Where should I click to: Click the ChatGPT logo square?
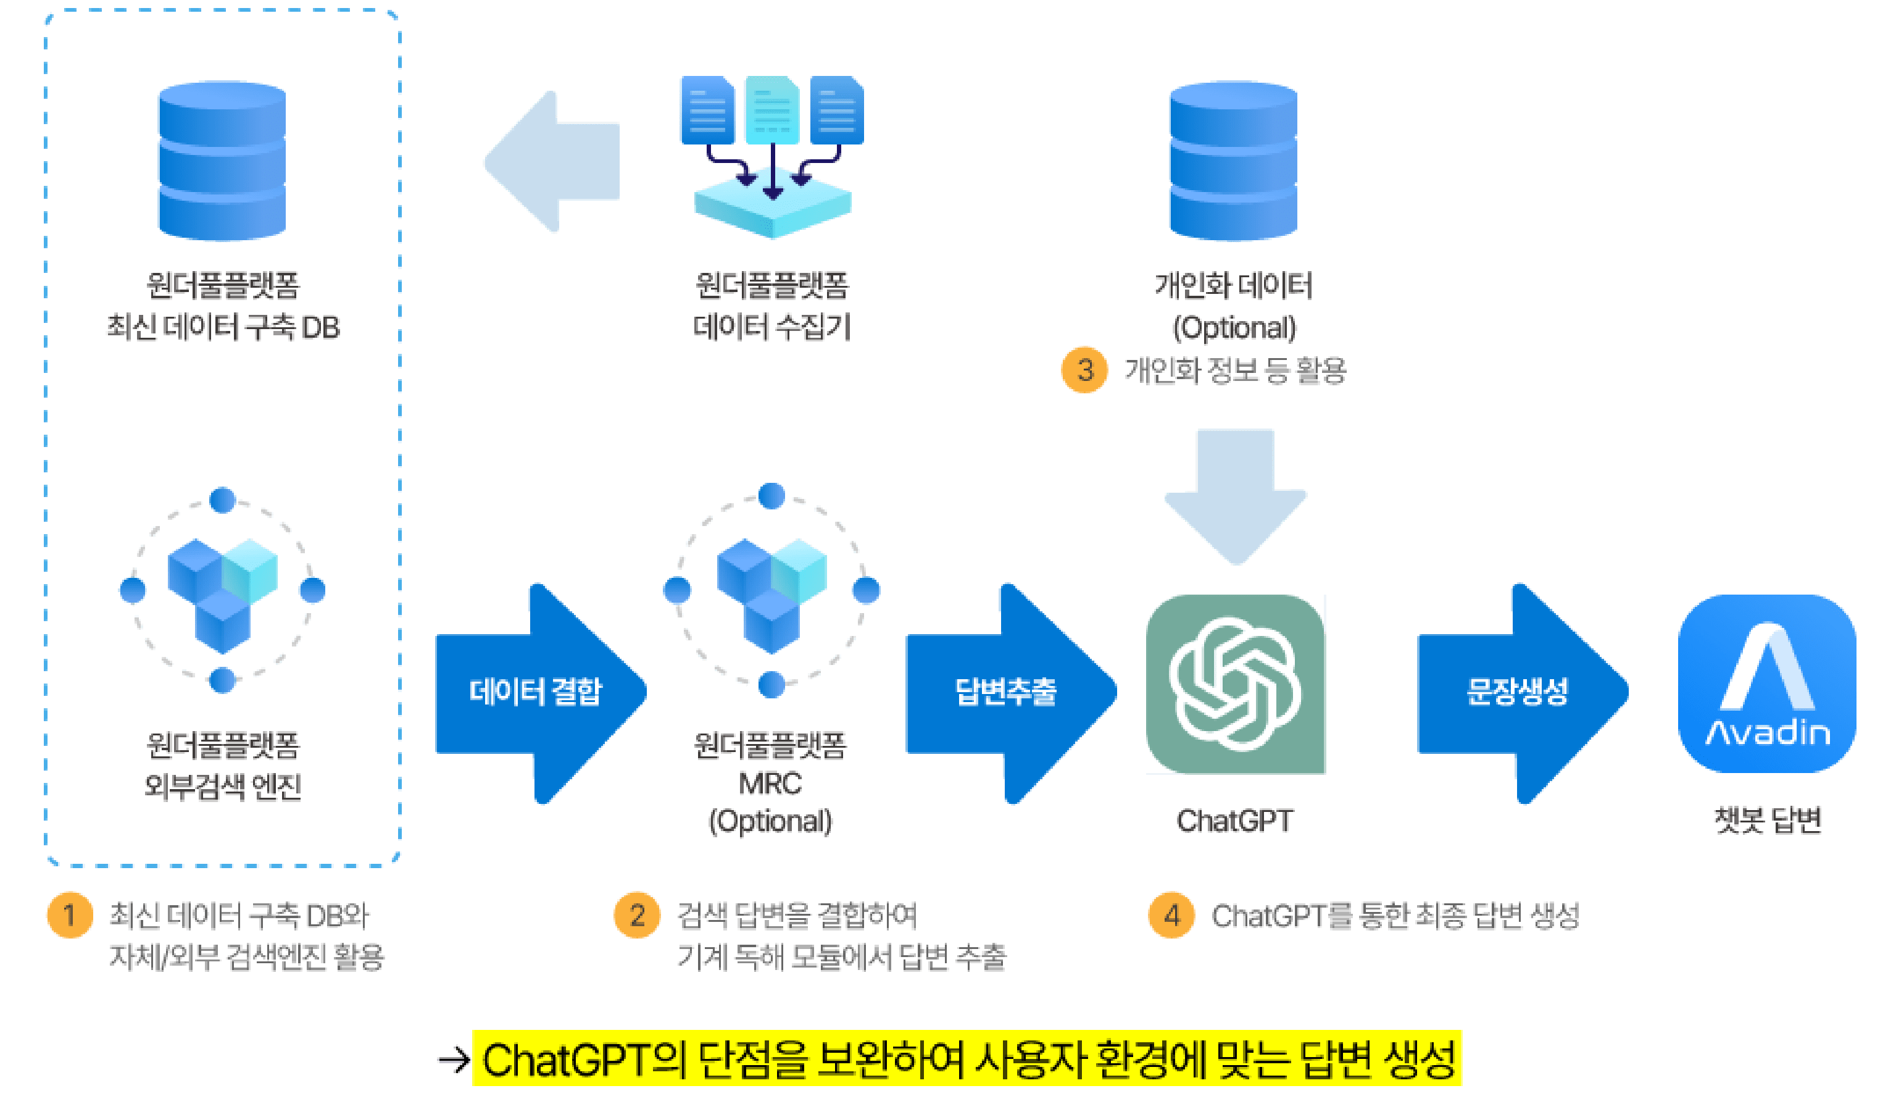(1236, 684)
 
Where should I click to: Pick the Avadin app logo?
(1766, 684)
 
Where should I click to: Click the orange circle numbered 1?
(69, 915)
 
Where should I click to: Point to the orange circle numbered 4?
(1171, 915)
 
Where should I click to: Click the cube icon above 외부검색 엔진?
(222, 591)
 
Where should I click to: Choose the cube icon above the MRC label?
(771, 591)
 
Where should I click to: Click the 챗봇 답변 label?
(1768, 821)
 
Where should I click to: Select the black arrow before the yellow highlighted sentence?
(454, 1060)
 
